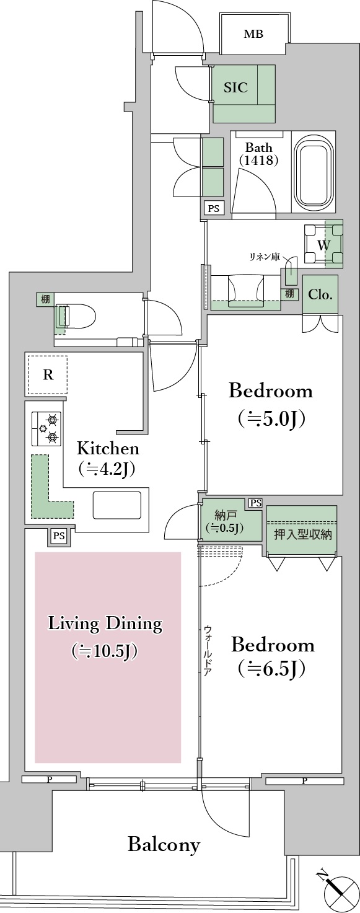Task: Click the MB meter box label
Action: [x=253, y=34]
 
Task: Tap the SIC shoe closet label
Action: [x=236, y=87]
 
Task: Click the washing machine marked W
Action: [x=323, y=245]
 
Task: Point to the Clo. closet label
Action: [x=320, y=294]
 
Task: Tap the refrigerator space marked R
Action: [x=47, y=374]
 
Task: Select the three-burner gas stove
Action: [x=46, y=428]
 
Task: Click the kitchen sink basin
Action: [x=117, y=505]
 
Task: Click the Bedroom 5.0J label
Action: [x=271, y=404]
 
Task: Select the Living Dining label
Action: [x=105, y=637]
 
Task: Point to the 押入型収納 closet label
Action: [x=302, y=534]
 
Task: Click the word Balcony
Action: [x=164, y=844]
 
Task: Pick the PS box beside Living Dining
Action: [x=59, y=536]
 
